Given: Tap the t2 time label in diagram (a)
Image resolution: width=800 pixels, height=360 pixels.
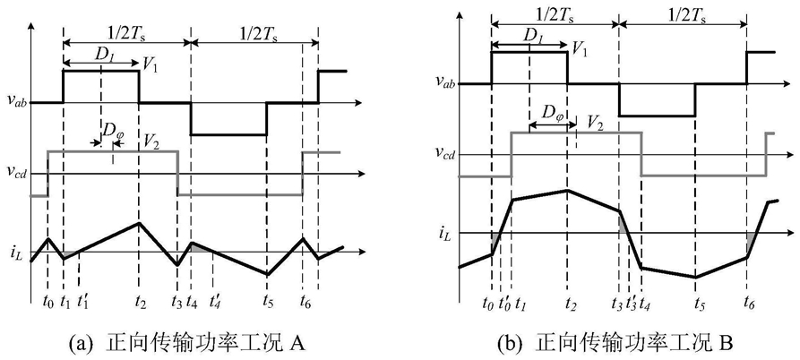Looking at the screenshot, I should pyautogui.click(x=140, y=301).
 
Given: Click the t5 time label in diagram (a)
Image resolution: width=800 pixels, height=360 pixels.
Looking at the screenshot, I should pyautogui.click(x=267, y=301).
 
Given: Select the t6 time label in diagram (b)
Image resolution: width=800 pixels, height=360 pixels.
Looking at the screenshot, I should pyautogui.click(x=748, y=305).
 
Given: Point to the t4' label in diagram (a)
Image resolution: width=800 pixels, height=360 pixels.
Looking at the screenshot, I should pyautogui.click(x=214, y=299).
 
